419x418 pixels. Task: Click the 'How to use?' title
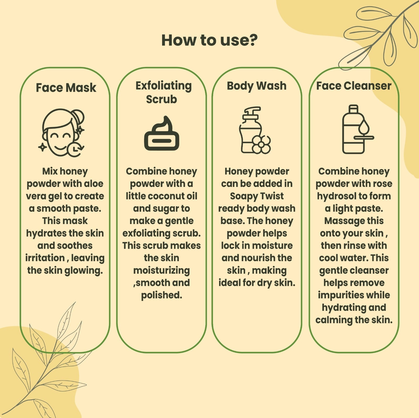click(210, 40)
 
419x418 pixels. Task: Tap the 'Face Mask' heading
click(66, 88)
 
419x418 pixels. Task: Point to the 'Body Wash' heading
click(257, 86)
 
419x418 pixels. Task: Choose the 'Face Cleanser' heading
click(354, 86)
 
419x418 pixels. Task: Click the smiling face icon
click(62, 133)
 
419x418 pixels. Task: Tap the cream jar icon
click(162, 133)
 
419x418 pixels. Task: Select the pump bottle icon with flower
click(255, 130)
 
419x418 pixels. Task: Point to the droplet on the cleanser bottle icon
click(364, 127)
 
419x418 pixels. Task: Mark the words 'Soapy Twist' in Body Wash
click(257, 196)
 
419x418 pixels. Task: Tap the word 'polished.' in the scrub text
click(162, 295)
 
